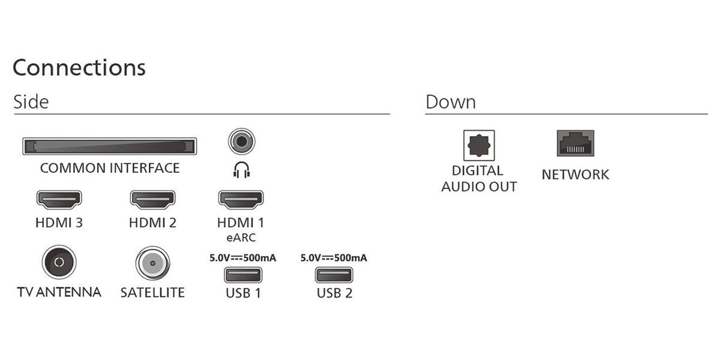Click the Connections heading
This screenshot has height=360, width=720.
pyautogui.click(x=79, y=68)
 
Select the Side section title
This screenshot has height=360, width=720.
pyautogui.click(x=31, y=102)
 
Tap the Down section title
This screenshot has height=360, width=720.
pyautogui.click(x=451, y=102)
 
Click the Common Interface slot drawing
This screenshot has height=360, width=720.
pyautogui.click(x=110, y=146)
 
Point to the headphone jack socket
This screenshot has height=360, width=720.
pyautogui.click(x=242, y=142)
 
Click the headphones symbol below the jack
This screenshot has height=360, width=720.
pyautogui.click(x=242, y=170)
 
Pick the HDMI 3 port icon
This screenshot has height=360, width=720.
pyautogui.click(x=59, y=199)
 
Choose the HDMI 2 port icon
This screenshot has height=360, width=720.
pyautogui.click(x=152, y=199)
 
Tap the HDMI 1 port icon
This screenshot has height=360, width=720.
pyautogui.click(x=241, y=199)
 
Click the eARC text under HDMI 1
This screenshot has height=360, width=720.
pyautogui.click(x=241, y=238)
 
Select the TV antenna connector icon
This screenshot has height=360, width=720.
pyautogui.click(x=59, y=262)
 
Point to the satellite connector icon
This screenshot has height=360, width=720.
pyautogui.click(x=152, y=263)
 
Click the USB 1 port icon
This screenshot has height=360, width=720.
pyautogui.click(x=243, y=275)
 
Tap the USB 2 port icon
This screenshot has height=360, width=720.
pyautogui.click(x=334, y=275)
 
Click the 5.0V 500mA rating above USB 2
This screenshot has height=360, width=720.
pyautogui.click(x=334, y=258)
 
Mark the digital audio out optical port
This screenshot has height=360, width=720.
pyautogui.click(x=479, y=145)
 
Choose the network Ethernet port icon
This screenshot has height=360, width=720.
pyautogui.click(x=575, y=143)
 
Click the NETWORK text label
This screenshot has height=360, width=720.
pyautogui.click(x=575, y=175)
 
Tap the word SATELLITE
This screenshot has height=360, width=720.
pyautogui.click(x=152, y=293)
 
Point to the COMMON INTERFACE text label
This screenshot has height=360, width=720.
pyautogui.click(x=110, y=168)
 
